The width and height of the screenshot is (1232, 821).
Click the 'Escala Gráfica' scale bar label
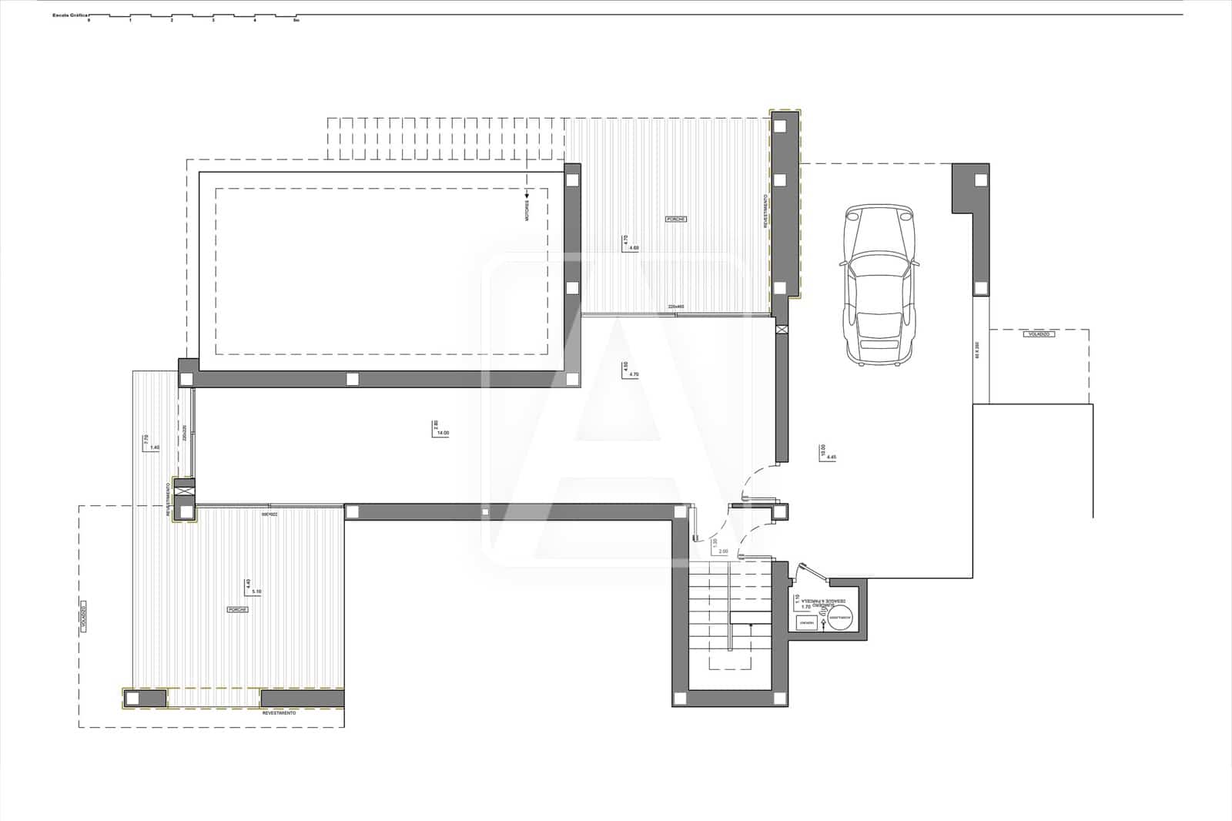70,15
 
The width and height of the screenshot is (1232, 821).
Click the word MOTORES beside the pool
527,211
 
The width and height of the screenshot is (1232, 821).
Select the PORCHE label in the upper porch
675,219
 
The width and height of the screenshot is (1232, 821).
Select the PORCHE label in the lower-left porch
237,609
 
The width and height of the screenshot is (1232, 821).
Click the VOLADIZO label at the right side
1038,334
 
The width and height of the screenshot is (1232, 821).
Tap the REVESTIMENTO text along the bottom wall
279,713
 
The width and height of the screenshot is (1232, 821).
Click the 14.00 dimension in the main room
443,434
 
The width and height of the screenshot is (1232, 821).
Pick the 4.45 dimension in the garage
830,457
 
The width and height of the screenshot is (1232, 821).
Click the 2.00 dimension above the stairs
723,551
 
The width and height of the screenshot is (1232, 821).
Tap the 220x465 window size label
676,307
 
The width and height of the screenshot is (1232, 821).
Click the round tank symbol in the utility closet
841,621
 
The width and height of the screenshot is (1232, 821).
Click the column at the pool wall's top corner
572,179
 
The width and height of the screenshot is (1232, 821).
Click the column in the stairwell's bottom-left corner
681,698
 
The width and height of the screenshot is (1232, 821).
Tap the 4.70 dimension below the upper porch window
634,374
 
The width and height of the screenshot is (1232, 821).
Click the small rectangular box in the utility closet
806,622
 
